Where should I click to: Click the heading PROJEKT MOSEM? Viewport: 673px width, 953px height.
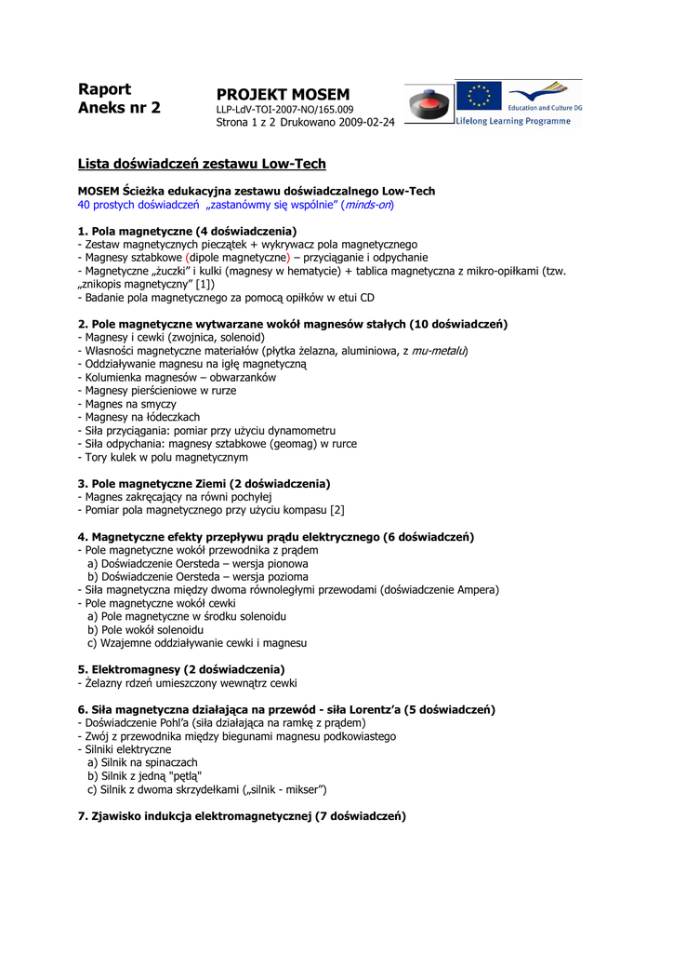283,95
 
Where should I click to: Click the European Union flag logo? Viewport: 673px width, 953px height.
479,96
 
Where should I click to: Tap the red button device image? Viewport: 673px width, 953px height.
429,102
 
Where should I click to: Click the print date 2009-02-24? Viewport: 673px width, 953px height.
366,122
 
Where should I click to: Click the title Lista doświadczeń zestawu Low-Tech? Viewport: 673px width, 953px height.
202,164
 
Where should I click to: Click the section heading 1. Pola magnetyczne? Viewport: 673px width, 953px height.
187,230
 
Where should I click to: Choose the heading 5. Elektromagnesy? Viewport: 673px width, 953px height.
181,669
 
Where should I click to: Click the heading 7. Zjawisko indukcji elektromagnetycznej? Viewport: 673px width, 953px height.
242,816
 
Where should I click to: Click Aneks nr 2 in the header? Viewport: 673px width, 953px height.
119,108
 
